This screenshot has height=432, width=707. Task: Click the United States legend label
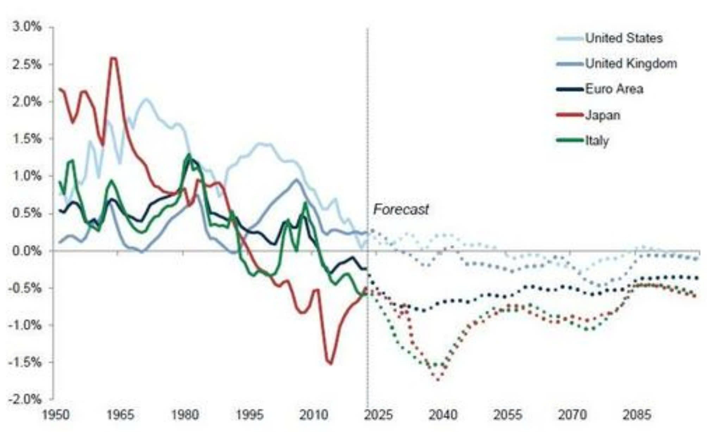[624, 38]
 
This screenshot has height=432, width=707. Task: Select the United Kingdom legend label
[631, 63]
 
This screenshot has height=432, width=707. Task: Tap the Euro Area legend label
[614, 89]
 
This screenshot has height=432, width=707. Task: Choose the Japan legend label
[602, 115]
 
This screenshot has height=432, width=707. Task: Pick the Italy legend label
[597, 141]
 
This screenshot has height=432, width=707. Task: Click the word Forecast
[401, 209]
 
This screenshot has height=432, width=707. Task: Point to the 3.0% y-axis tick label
[27, 27]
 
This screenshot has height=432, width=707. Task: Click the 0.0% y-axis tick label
[27, 251]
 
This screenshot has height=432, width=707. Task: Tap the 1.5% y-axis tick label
[27, 139]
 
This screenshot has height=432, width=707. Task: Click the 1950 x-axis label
[56, 415]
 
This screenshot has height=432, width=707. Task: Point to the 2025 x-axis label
[378, 415]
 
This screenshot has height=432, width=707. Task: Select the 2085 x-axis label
[637, 415]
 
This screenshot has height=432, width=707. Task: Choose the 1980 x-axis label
[185, 415]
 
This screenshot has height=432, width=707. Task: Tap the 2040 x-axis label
[443, 415]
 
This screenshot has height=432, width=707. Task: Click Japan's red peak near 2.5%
[113, 58]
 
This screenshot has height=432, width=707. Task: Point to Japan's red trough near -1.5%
[330, 363]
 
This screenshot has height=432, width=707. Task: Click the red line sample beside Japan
[570, 115]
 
